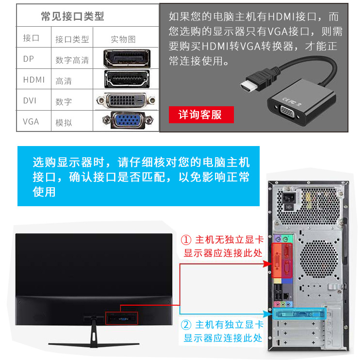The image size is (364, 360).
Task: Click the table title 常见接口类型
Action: (x=72, y=16)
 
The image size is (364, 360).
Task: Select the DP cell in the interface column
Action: (x=29, y=59)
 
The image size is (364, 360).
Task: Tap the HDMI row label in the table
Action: (x=34, y=80)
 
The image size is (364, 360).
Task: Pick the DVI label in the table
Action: (x=30, y=100)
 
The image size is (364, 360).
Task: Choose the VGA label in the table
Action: (x=31, y=121)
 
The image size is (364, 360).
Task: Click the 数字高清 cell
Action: (x=72, y=60)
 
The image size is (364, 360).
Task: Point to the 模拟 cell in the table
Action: (x=64, y=123)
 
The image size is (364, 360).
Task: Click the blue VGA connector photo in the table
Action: (x=128, y=120)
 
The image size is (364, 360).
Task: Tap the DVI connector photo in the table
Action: (x=126, y=100)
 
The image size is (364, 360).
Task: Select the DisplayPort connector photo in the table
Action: (x=127, y=59)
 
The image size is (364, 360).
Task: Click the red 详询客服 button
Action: (x=201, y=115)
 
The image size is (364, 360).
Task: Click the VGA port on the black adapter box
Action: (x=287, y=113)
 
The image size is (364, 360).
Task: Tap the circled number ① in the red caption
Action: (x=186, y=240)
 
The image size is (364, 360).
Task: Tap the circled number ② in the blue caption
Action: (x=186, y=325)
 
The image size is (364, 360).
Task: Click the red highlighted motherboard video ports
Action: (x=282, y=260)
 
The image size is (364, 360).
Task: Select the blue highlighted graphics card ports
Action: (x=299, y=314)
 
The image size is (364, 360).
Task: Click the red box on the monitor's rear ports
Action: (x=122, y=318)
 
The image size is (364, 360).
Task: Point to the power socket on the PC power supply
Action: (x=289, y=198)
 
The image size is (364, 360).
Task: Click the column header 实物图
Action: (x=123, y=39)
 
